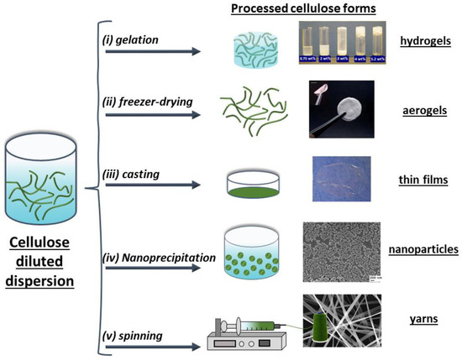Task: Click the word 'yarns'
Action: (423, 320)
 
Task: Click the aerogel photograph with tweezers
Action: (340, 109)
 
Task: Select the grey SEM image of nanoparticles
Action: (340, 251)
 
